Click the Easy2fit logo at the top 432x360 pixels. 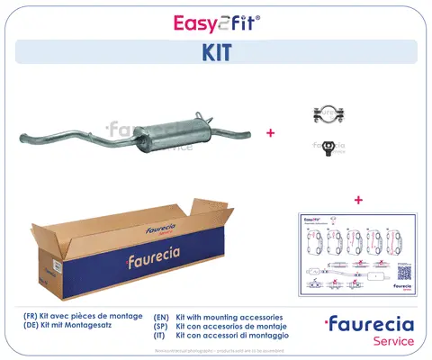tap(216, 22)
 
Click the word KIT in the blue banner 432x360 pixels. tap(215, 52)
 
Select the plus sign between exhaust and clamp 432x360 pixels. tap(269, 131)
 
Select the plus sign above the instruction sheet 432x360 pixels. tap(358, 199)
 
